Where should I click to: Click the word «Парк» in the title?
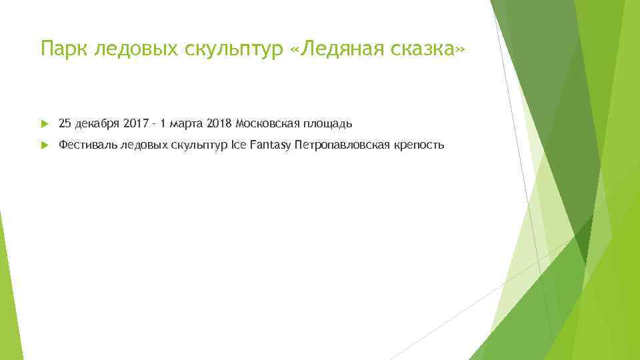(x=64, y=49)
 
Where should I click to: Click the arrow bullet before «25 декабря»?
(x=45, y=123)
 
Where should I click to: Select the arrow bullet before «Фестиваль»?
(x=45, y=145)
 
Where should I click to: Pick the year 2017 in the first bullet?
(x=135, y=123)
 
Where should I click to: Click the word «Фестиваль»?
(x=87, y=145)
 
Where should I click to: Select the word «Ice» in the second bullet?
(x=238, y=145)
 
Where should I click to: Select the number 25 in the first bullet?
(x=65, y=123)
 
